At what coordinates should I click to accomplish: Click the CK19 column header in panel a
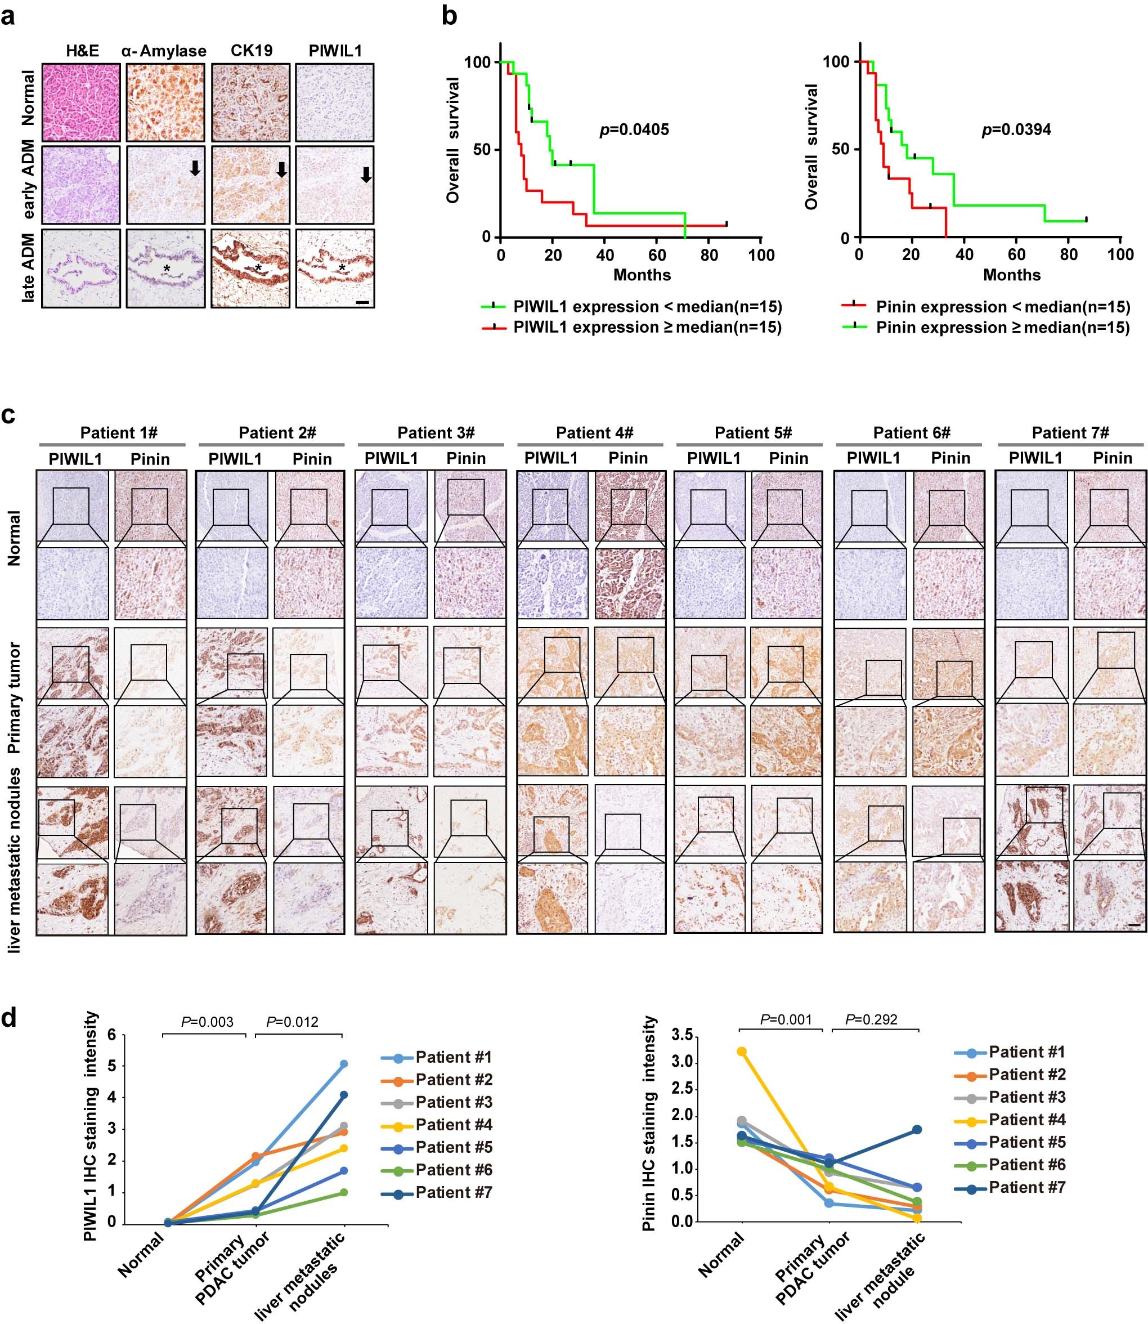click(251, 51)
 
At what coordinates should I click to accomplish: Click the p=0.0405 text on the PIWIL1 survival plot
click(634, 130)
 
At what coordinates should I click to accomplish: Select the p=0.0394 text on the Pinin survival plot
click(1017, 130)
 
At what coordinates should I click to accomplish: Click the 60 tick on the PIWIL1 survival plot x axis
click(657, 255)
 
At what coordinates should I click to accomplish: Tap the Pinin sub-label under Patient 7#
click(1112, 458)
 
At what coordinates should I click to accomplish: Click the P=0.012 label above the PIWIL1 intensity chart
click(292, 1022)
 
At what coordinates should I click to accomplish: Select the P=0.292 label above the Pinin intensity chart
click(871, 1019)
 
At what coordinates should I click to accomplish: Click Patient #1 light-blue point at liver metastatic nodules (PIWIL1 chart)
click(344, 1064)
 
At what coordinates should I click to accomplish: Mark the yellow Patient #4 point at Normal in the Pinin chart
click(742, 1051)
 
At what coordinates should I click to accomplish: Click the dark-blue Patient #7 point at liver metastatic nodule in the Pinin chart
click(917, 1129)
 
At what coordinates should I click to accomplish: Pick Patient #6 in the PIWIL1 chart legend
click(454, 1170)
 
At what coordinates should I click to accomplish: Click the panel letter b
click(450, 16)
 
